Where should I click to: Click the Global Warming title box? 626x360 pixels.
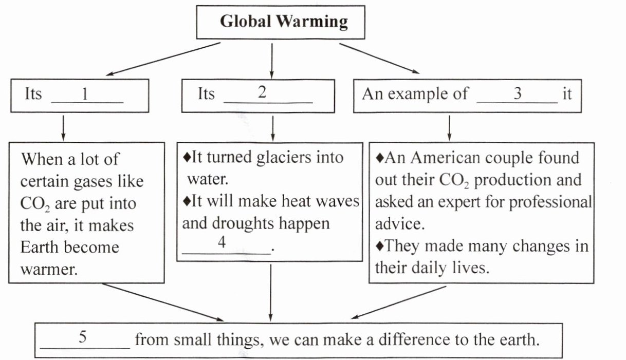[x=284, y=22]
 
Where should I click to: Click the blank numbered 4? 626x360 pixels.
[x=226, y=245]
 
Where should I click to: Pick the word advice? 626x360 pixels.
[x=394, y=224]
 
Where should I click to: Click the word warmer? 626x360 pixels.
[x=49, y=269]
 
